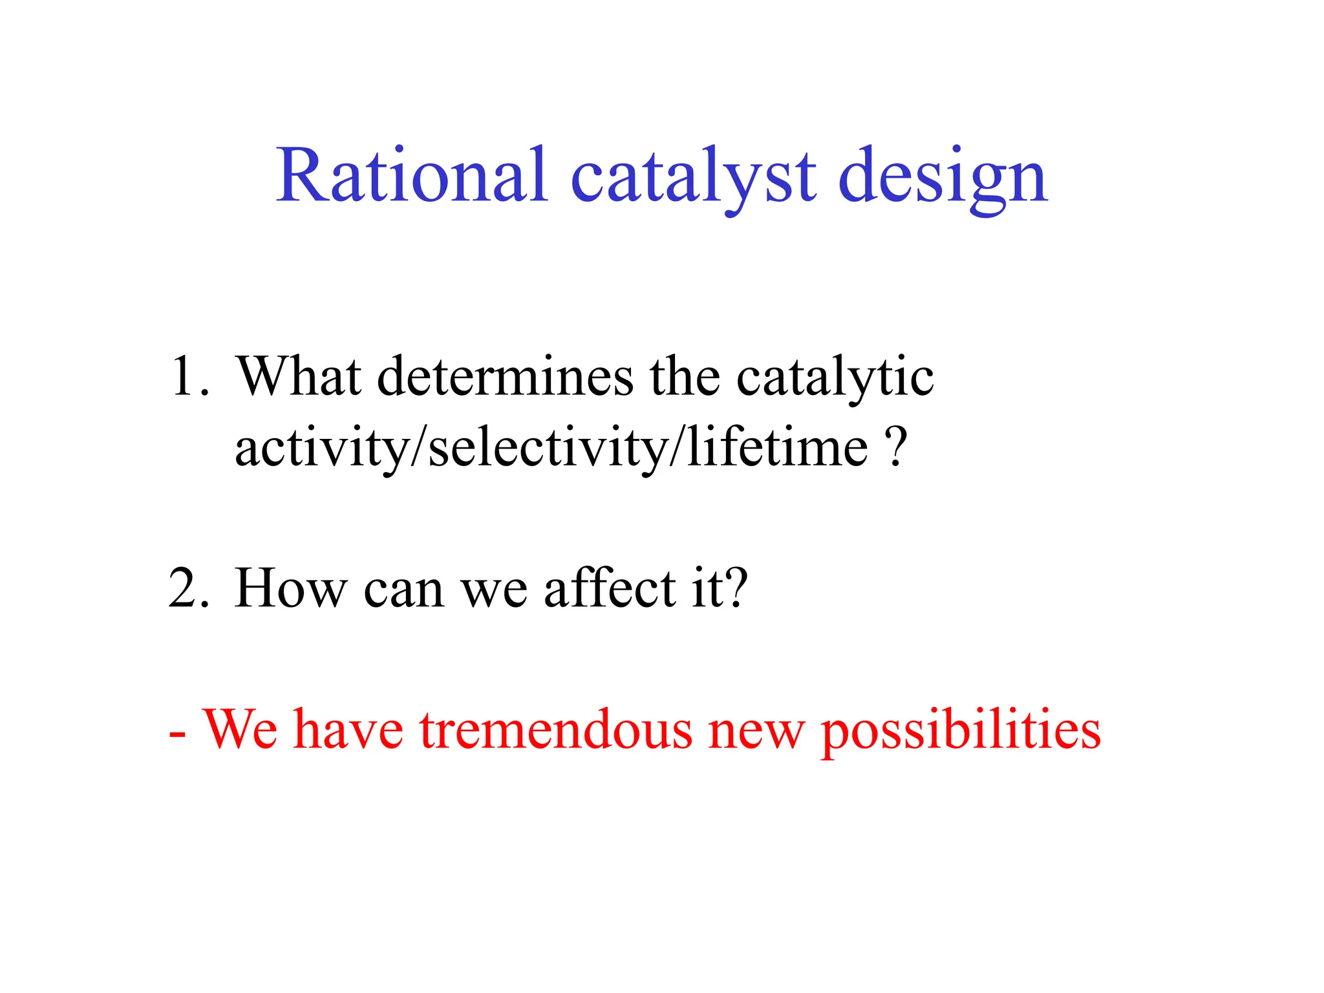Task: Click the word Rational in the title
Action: click(412, 176)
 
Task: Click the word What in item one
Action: click(298, 376)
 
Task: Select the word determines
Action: click(505, 376)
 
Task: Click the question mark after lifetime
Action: click(896, 447)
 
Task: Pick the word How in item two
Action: click(290, 588)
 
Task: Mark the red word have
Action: click(348, 731)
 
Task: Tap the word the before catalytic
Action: click(685, 376)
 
